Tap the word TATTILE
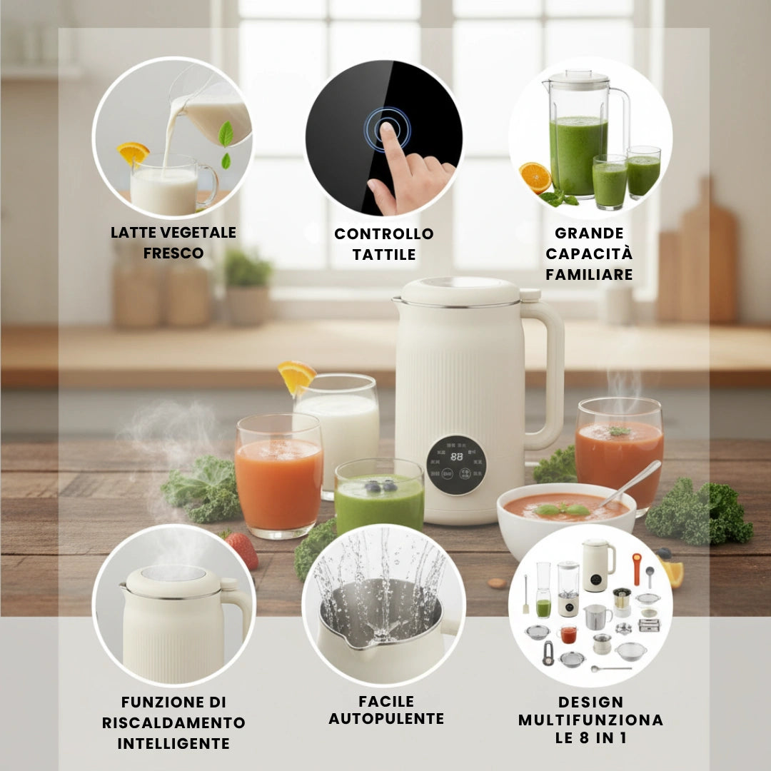[x=384, y=255]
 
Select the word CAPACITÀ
[x=588, y=253]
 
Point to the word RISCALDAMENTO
[x=173, y=722]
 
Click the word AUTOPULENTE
[x=386, y=719]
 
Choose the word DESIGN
[x=590, y=702]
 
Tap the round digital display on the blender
[x=455, y=465]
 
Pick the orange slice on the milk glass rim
[x=296, y=376]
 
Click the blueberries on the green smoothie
[x=381, y=486]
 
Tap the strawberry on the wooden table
[x=243, y=550]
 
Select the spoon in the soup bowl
[x=631, y=483]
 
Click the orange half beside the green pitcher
[x=535, y=178]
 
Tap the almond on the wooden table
[x=497, y=583]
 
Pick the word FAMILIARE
[x=589, y=274]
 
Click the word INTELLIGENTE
[x=173, y=743]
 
